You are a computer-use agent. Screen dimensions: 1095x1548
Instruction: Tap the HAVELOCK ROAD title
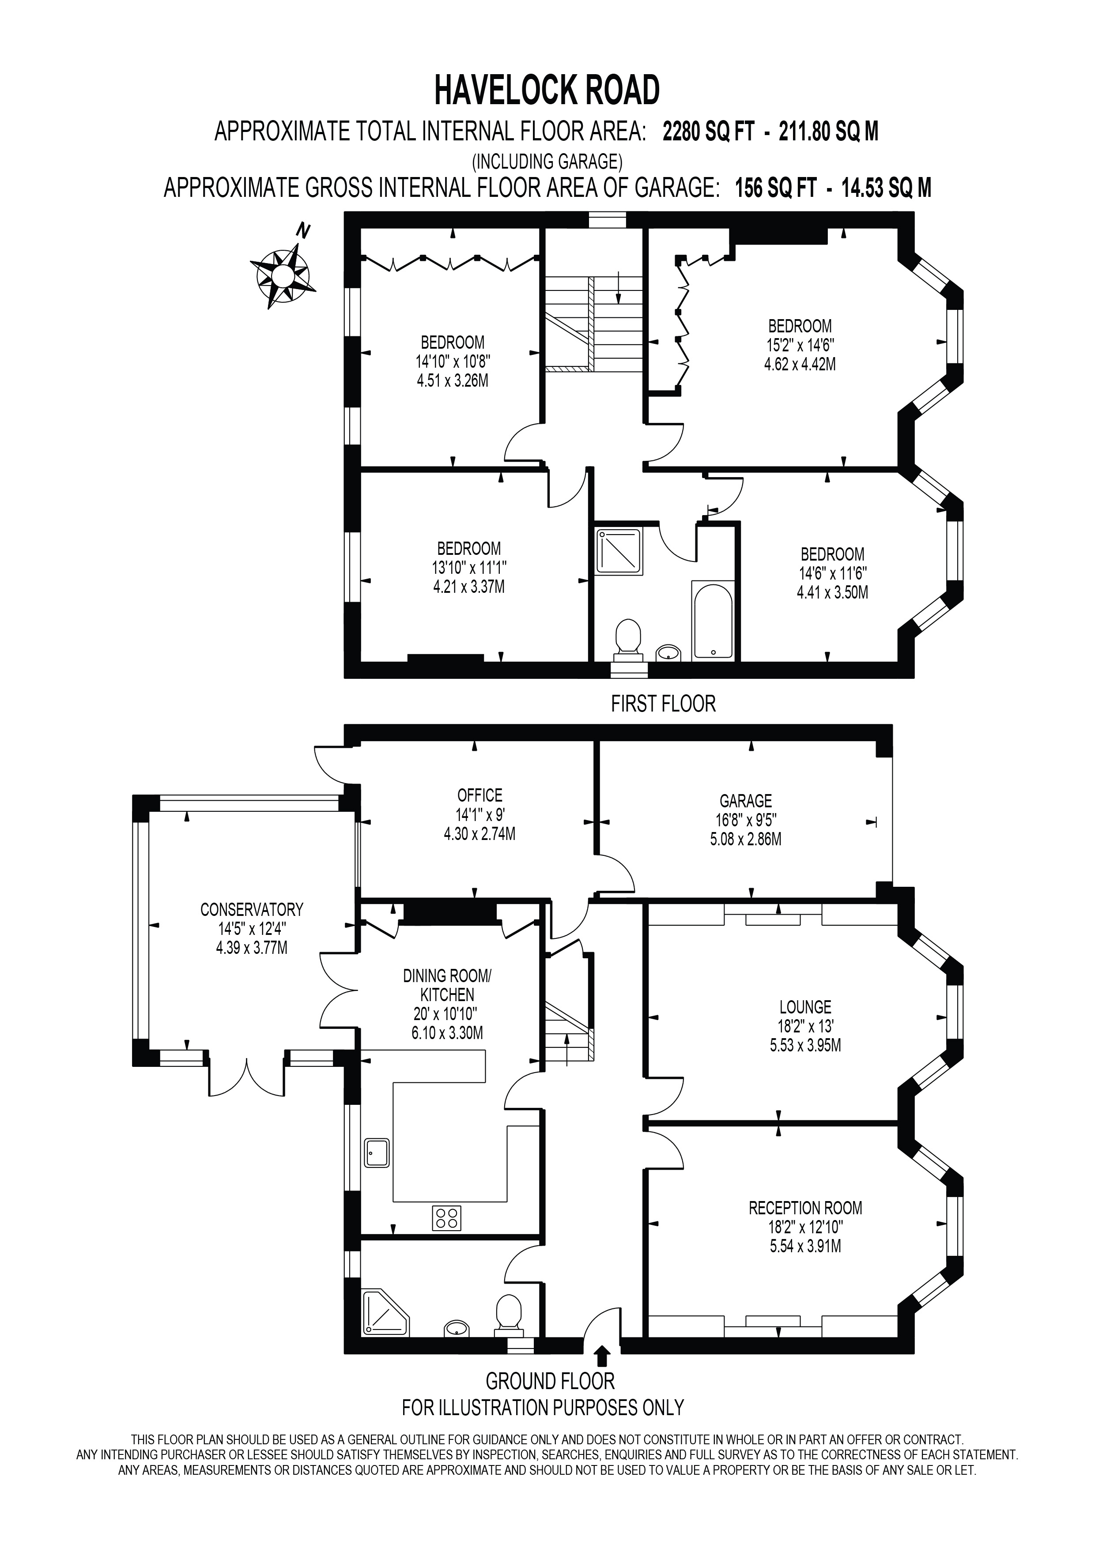click(x=547, y=90)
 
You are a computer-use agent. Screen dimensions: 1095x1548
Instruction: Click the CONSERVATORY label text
click(x=252, y=910)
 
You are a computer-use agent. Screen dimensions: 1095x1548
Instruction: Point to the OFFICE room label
click(x=480, y=795)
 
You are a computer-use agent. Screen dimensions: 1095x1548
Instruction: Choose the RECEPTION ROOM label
click(x=805, y=1208)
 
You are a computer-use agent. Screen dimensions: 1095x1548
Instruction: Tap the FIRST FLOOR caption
click(x=663, y=704)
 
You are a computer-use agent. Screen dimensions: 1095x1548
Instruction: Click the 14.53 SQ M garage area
click(x=886, y=188)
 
